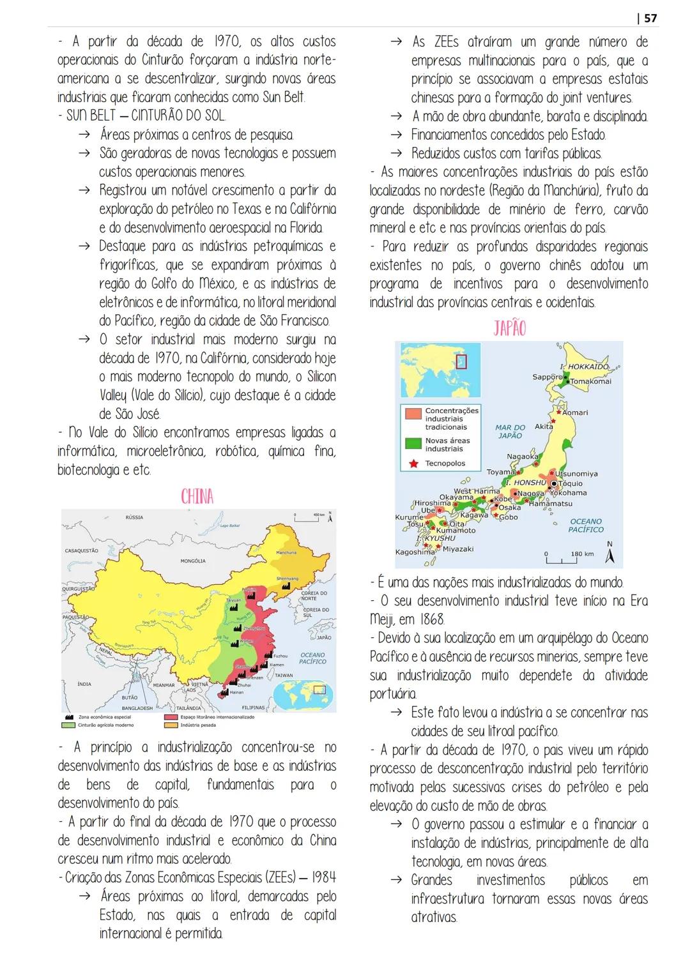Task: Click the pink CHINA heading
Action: (x=197, y=497)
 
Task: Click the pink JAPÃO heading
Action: (x=509, y=328)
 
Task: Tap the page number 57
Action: (x=650, y=19)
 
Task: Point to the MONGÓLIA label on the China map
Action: (x=193, y=561)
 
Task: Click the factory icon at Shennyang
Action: (x=293, y=584)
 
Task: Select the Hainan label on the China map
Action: (x=236, y=692)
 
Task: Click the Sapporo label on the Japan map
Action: (x=546, y=377)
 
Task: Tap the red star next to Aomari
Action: (x=558, y=412)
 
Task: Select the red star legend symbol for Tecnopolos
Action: (x=413, y=464)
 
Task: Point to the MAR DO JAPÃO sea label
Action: (x=510, y=432)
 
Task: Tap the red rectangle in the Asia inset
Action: (x=461, y=361)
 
